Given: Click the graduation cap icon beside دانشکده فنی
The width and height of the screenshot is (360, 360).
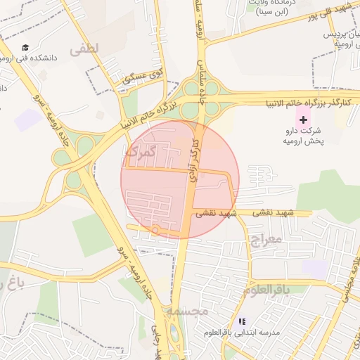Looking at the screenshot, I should tap(26, 48).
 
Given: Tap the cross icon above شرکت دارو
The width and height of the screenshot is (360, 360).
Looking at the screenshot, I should tap(303, 120).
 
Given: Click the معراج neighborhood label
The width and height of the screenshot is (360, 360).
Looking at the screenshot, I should tap(265, 240).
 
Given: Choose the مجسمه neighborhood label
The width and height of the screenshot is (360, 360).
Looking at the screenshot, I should tap(186, 310).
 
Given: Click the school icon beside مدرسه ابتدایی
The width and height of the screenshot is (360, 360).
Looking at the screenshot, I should tap(242, 321).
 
